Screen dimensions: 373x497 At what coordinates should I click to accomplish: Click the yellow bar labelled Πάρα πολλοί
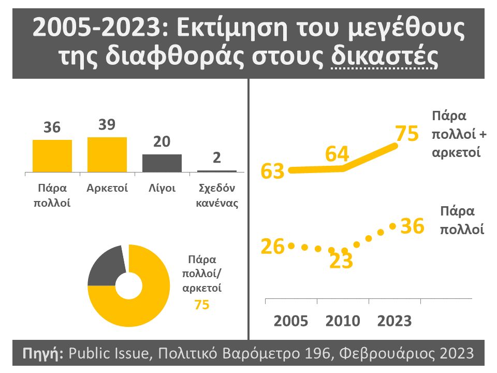pos(52,155)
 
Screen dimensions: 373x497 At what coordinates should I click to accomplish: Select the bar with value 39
pos(107,154)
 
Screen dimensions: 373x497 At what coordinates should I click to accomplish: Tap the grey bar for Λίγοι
pos(162,163)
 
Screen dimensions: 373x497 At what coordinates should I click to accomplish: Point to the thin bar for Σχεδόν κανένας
pos(217,170)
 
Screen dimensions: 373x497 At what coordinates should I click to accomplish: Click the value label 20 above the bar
pos(162,142)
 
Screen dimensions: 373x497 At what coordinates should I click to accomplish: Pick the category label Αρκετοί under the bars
pos(107,188)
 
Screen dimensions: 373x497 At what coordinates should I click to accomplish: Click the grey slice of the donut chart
pos(105,267)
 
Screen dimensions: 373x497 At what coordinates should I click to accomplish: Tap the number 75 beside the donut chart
pos(202,305)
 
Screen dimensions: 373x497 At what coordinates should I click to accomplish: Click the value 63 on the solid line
pos(273,171)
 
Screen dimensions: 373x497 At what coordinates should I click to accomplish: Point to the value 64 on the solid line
pos(337,154)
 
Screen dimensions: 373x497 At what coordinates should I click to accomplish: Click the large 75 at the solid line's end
pos(406,134)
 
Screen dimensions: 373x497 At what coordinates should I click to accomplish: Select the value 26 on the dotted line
pos(273,247)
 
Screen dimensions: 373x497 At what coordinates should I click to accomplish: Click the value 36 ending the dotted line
pos(413,226)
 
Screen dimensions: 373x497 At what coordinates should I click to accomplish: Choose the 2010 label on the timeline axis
pos(342,321)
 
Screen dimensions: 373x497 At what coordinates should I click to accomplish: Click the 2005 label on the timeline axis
pos(290,321)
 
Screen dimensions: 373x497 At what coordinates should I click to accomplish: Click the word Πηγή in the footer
pos(43,354)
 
